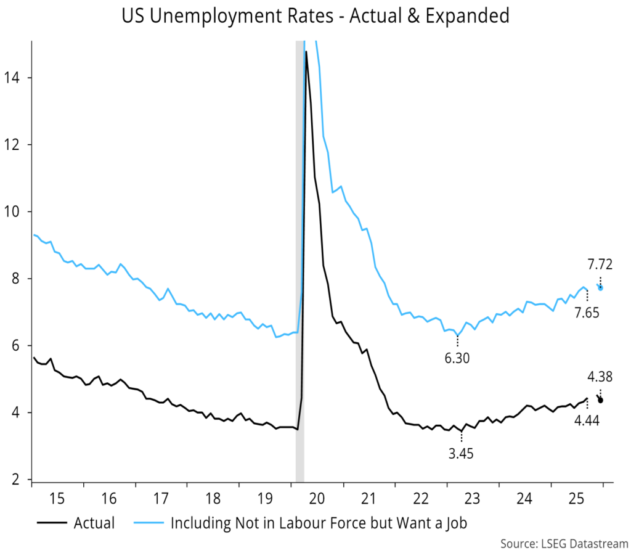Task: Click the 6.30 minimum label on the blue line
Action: pos(457,358)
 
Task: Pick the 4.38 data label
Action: pos(600,377)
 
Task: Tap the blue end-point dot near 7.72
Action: pos(601,288)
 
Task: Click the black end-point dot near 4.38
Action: pos(600,400)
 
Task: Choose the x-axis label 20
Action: pos(320,498)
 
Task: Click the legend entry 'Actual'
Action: pos(94,523)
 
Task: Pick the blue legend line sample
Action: pos(148,524)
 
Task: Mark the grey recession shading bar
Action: pos(299,247)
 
